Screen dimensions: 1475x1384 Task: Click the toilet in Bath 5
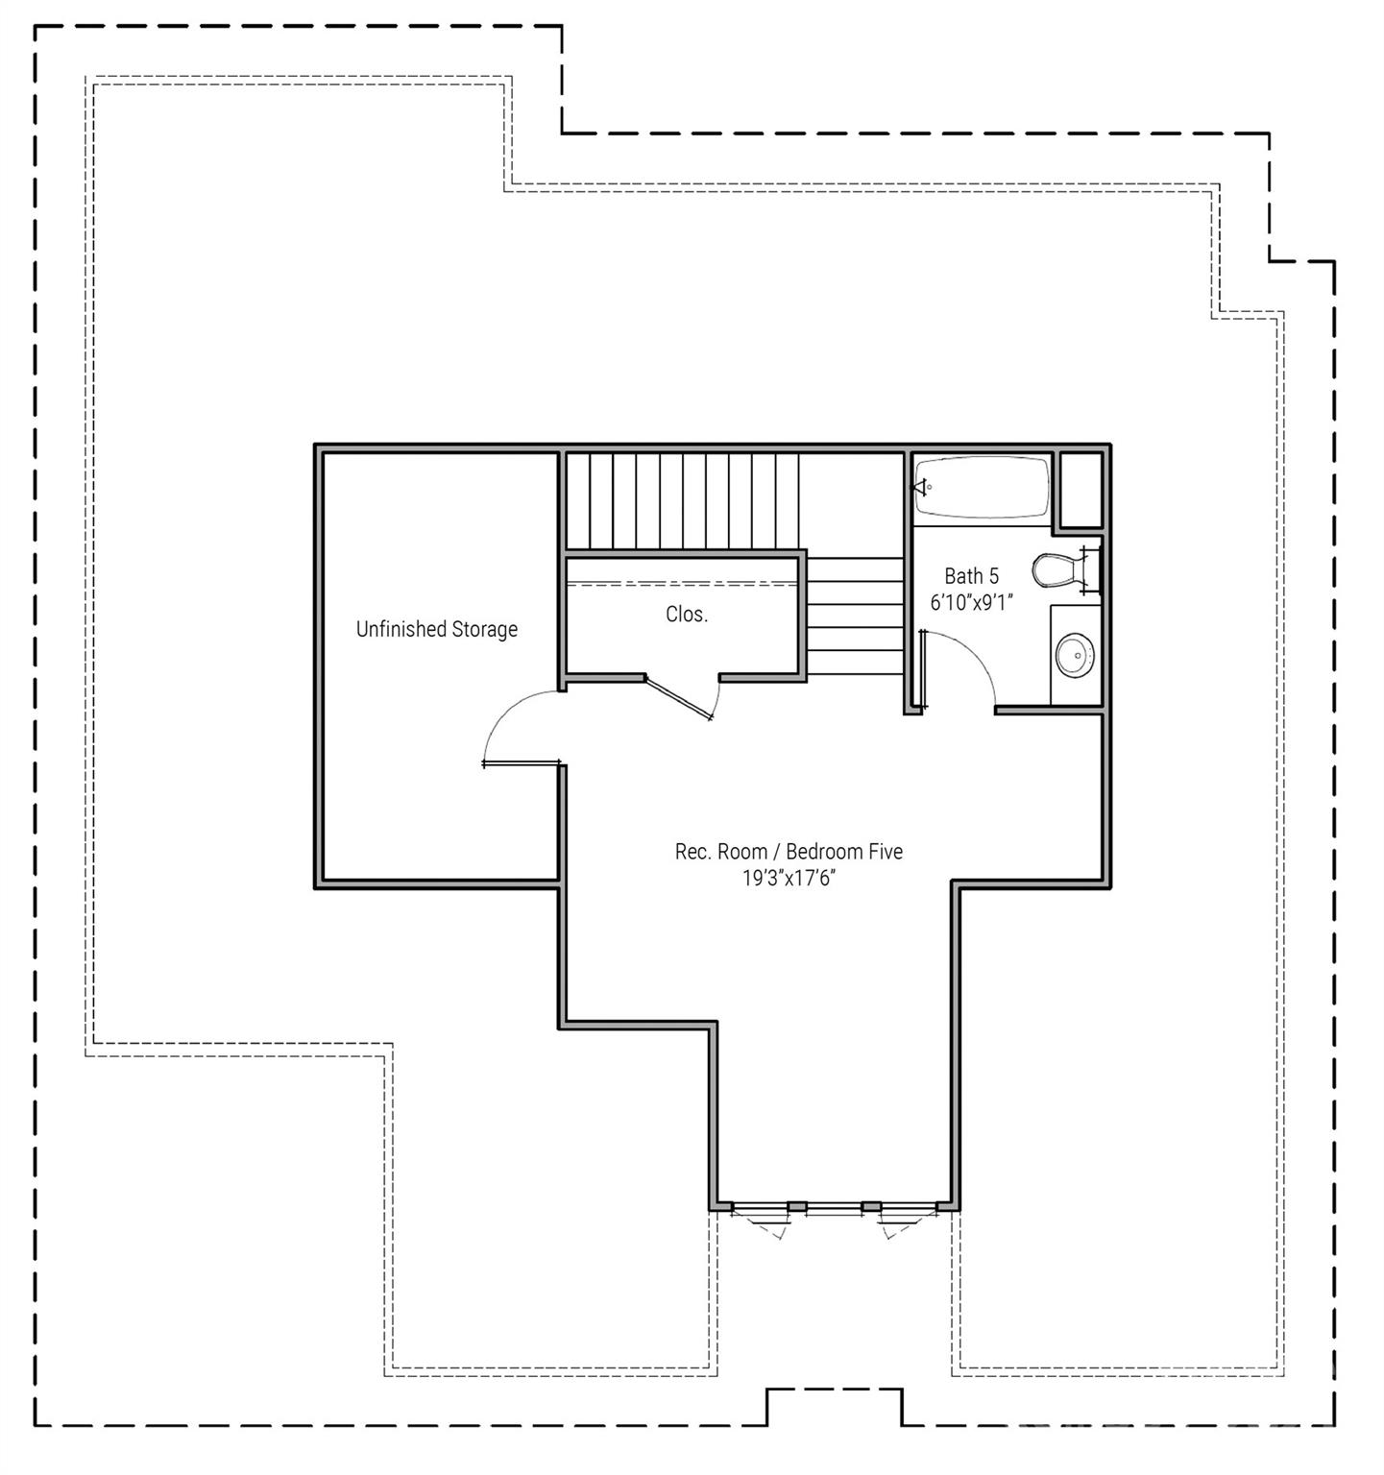pyautogui.click(x=1056, y=569)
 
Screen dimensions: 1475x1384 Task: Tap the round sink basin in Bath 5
pyautogui.click(x=1074, y=656)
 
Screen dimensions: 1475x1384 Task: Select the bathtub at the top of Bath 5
pyautogui.click(x=982, y=487)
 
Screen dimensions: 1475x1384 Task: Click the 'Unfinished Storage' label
pyautogui.click(x=437, y=629)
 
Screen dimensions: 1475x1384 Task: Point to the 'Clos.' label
pyautogui.click(x=687, y=615)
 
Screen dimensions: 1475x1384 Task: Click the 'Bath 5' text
pyautogui.click(x=971, y=576)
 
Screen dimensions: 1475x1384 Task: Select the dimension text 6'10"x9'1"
pyautogui.click(x=971, y=603)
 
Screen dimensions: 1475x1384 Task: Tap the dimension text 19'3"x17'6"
pyautogui.click(x=789, y=878)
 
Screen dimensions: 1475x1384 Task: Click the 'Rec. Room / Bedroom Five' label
pyautogui.click(x=789, y=852)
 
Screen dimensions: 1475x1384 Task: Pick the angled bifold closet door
pyautogui.click(x=679, y=697)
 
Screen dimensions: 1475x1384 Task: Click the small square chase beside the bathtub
pyautogui.click(x=1080, y=490)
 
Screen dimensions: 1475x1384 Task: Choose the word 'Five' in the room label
pyautogui.click(x=886, y=852)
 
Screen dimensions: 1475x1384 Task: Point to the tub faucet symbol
pyautogui.click(x=923, y=487)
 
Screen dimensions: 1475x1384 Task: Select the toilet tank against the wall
pyautogui.click(x=1087, y=568)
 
